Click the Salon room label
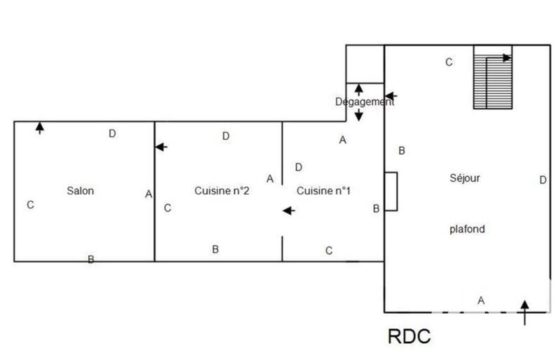(80, 191)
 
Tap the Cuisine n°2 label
(222, 191)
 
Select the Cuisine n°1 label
(323, 191)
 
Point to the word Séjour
(465, 177)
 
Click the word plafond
(467, 229)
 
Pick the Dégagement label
(364, 102)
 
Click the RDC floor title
(409, 336)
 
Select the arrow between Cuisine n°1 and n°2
(288, 210)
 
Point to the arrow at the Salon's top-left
(40, 127)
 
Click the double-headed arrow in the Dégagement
(358, 102)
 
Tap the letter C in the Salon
(30, 205)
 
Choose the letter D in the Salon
(112, 134)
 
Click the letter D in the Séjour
(542, 180)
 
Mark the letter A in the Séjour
(481, 300)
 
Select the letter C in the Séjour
(449, 62)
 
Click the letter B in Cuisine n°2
(216, 249)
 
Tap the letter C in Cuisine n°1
(329, 250)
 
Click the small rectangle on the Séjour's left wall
(391, 191)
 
